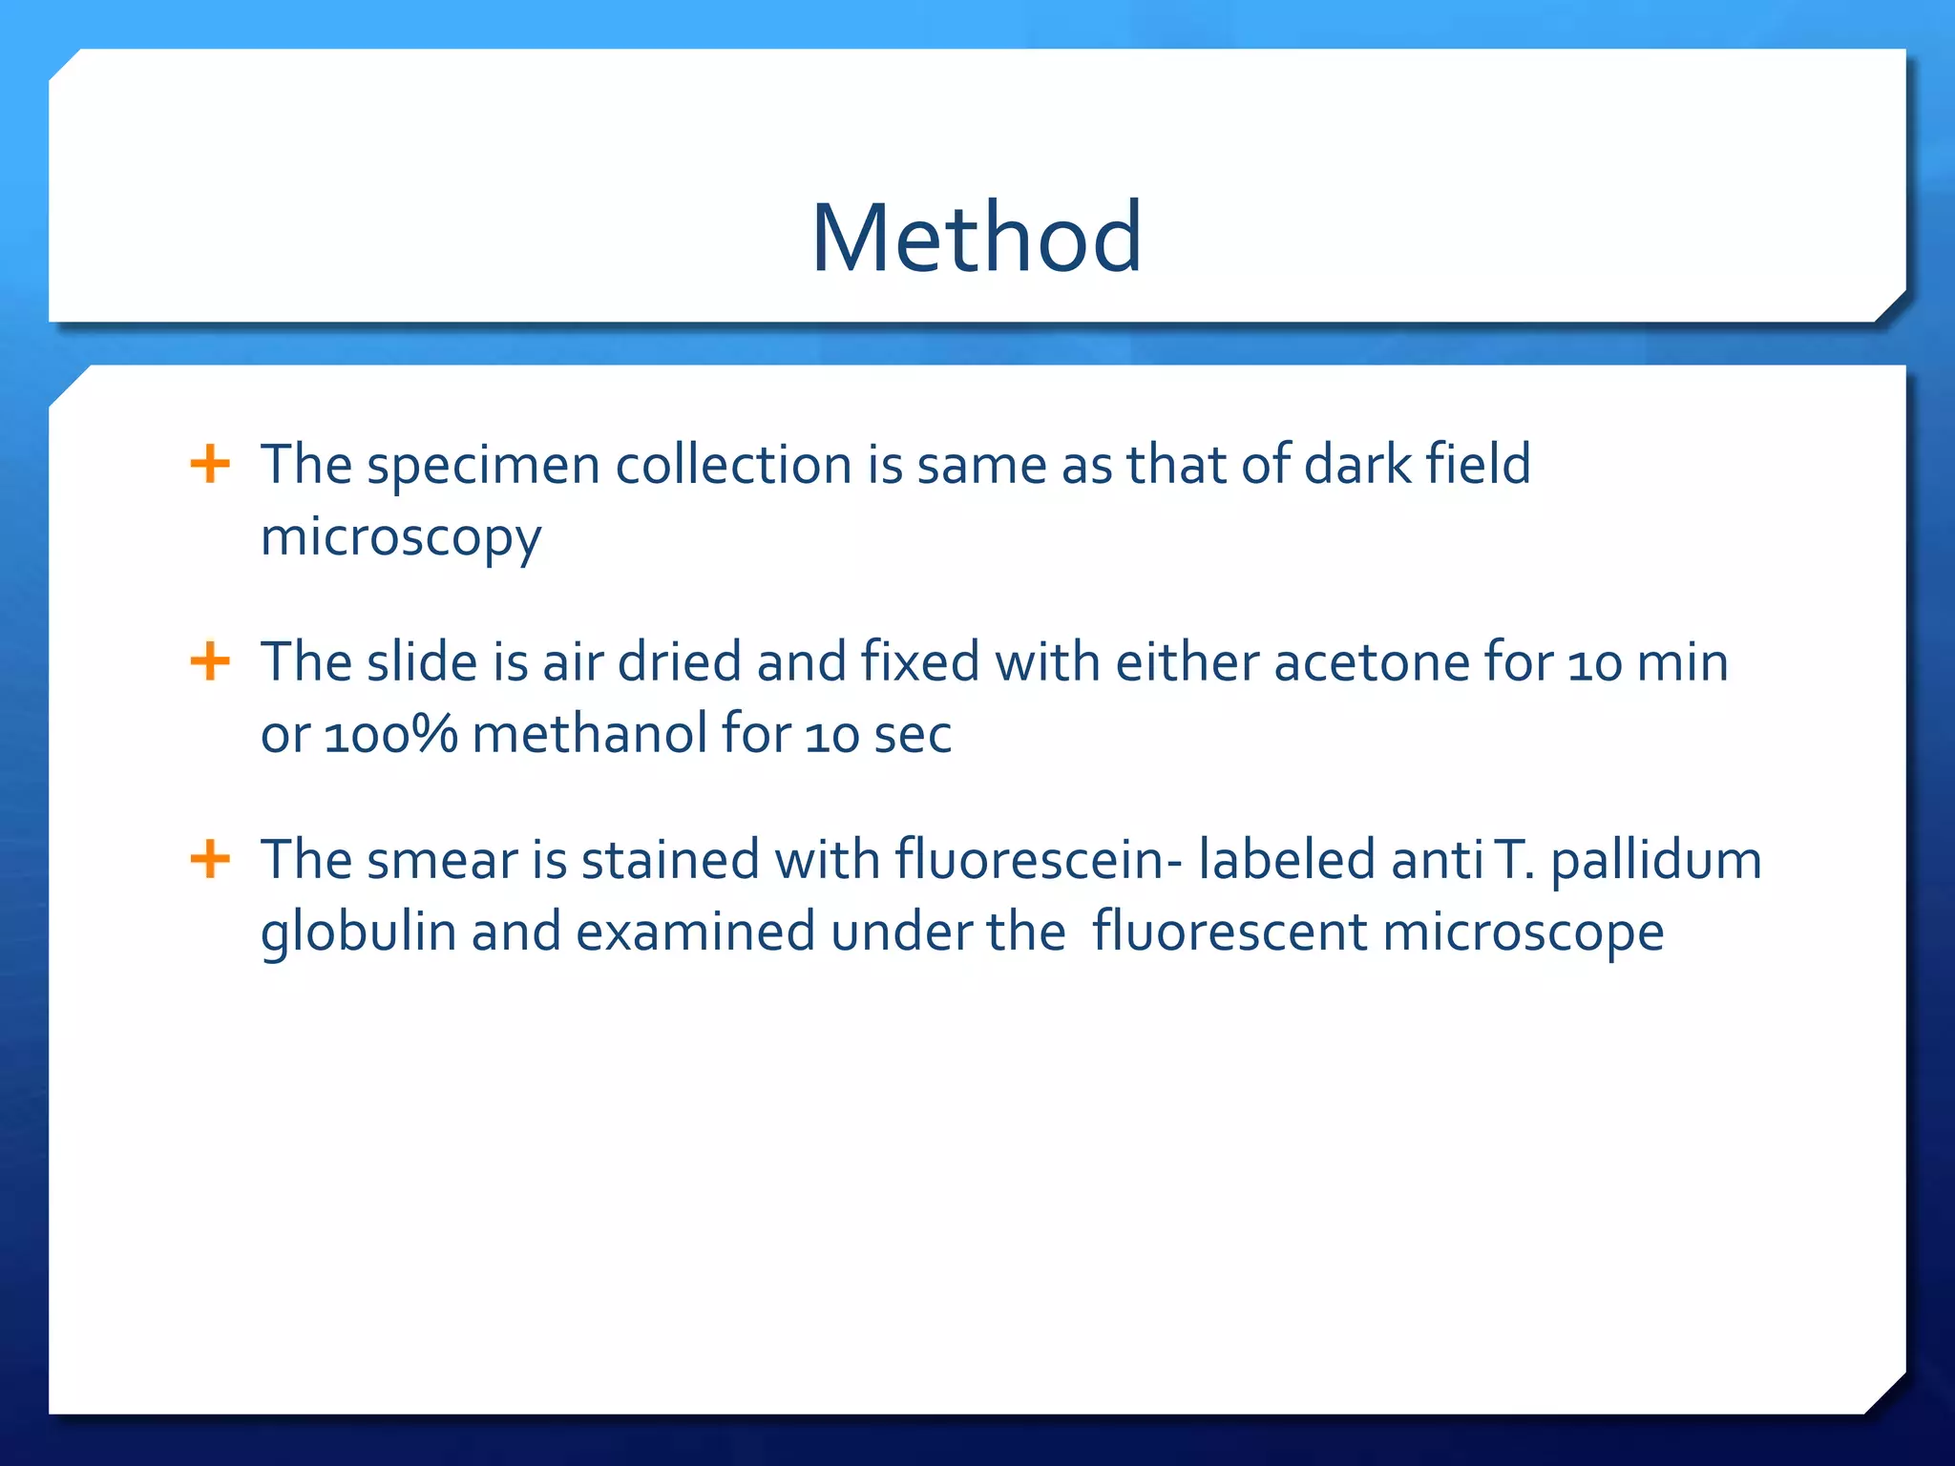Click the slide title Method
coord(976,238)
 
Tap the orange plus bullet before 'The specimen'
coord(210,465)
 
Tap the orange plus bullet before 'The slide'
coord(210,661)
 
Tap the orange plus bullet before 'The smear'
coord(210,859)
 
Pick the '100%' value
coord(391,735)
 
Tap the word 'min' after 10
coord(1682,662)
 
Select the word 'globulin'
coord(358,933)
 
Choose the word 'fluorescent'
coord(1230,932)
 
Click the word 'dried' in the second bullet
coord(679,662)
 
